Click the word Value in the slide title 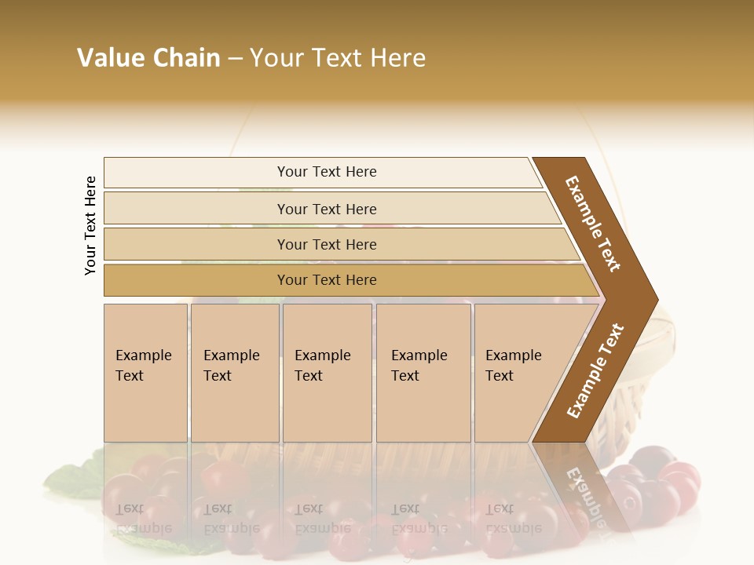click(x=111, y=58)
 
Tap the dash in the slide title click(x=235, y=59)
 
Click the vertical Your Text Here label click(x=90, y=225)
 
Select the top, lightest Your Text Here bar click(x=326, y=172)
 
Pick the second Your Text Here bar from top click(x=326, y=209)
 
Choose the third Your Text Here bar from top click(x=326, y=244)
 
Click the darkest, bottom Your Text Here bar click(x=326, y=280)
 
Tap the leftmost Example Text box click(x=145, y=373)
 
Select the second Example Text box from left click(x=234, y=373)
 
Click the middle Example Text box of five click(x=326, y=373)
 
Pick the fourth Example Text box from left click(x=423, y=373)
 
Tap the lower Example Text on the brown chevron click(x=595, y=370)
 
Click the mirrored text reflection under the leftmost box click(x=143, y=519)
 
